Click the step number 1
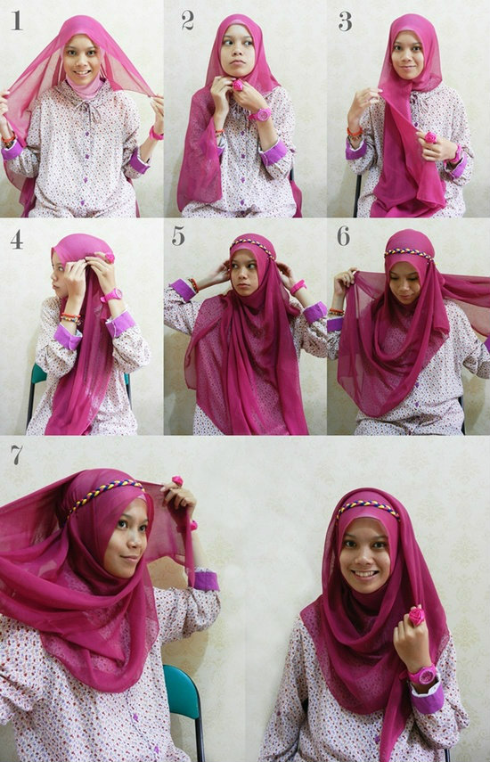[17, 20]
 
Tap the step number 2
[187, 20]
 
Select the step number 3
[345, 21]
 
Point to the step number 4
[17, 239]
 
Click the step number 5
[178, 235]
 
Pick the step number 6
[343, 235]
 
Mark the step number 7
[17, 455]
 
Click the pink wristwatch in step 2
[261, 115]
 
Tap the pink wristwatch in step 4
[111, 295]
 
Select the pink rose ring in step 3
[430, 137]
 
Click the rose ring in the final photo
[416, 616]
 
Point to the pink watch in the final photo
[423, 675]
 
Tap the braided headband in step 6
[409, 253]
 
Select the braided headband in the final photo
[368, 507]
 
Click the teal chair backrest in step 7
[182, 691]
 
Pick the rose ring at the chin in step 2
[238, 86]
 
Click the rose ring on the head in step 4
[110, 257]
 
